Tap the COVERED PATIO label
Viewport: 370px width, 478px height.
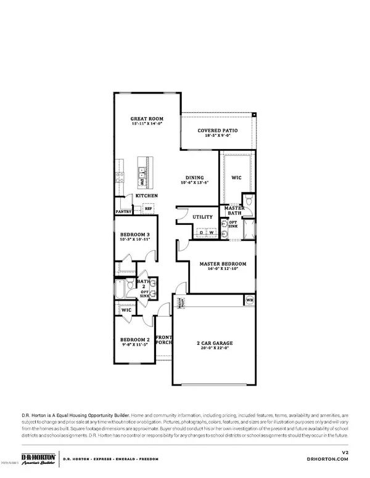tap(217, 131)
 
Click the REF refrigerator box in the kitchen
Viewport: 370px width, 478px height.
tap(149, 208)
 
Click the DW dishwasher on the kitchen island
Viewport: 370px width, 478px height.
tap(141, 182)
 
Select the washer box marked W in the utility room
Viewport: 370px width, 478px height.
tap(211, 233)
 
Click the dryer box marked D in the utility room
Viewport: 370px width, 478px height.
tap(202, 233)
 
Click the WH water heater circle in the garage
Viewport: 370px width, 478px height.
tap(249, 301)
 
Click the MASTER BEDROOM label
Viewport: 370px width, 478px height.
tap(223, 264)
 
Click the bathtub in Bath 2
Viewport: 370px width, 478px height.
tap(121, 290)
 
